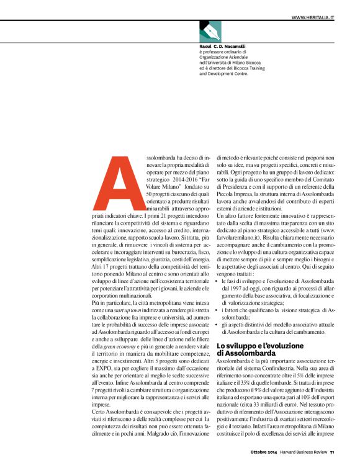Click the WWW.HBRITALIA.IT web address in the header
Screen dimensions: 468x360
pos(313,17)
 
